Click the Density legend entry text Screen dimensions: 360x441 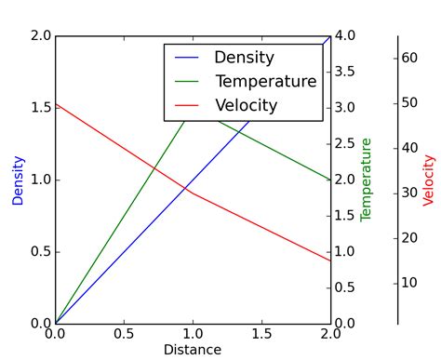(x=244, y=58)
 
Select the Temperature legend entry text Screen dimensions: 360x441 (x=265, y=82)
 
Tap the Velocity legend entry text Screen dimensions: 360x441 (x=246, y=105)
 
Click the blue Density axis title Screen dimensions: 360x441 (x=18, y=180)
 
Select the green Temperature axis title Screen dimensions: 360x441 (x=366, y=180)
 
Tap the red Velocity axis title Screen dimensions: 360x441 (x=429, y=180)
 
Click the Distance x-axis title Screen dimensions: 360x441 (x=193, y=350)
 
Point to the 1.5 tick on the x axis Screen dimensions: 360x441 (x=261, y=334)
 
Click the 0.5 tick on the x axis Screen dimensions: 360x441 (x=124, y=334)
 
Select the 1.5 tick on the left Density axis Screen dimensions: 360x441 (x=40, y=108)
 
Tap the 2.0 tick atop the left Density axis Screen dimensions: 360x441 (x=40, y=35)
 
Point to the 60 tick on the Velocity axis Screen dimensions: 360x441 (x=408, y=58)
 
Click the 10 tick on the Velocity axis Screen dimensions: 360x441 (x=408, y=283)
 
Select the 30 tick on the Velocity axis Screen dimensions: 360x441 (x=408, y=193)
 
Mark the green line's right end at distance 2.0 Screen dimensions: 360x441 (x=330, y=180)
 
